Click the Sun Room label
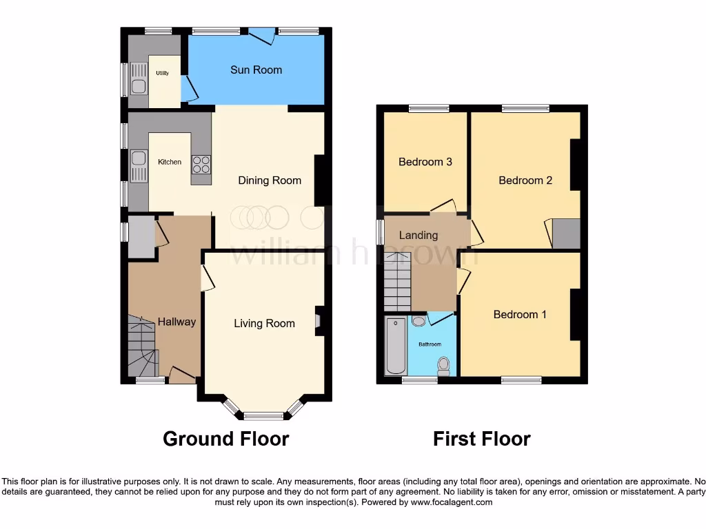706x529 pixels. point(256,70)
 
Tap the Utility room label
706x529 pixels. point(162,73)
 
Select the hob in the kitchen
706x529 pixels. point(201,165)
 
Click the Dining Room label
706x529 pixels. point(270,180)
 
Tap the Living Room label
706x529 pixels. point(264,323)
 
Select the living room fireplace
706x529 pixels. point(317,321)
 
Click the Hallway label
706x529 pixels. point(177,322)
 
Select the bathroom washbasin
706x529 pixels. point(418,321)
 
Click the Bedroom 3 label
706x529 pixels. point(425,162)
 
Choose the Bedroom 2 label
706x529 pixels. point(525,180)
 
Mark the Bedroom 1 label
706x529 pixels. point(520,314)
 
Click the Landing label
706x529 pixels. point(418,235)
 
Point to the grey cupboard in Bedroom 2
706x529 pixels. point(567,234)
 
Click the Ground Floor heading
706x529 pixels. point(225,438)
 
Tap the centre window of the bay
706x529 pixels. point(264,415)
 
